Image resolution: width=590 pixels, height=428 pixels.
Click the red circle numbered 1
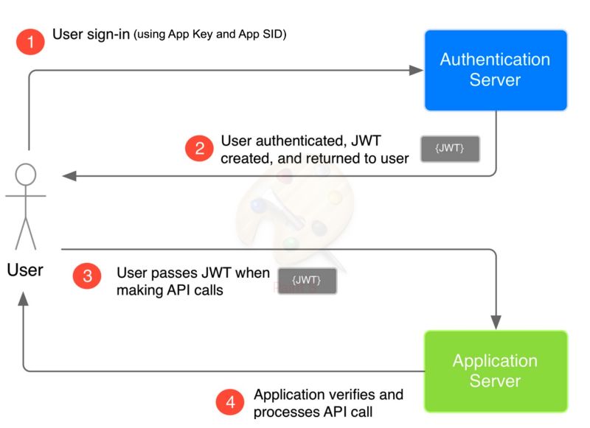coord(30,41)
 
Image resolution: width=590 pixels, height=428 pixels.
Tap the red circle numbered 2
coord(199,149)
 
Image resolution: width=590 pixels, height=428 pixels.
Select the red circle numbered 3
coord(87,276)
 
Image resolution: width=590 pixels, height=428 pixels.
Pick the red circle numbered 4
coord(230,402)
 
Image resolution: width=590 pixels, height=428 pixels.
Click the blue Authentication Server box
coord(495,70)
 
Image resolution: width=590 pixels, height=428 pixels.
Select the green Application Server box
coord(495,371)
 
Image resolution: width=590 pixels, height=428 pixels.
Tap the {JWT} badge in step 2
coord(449,149)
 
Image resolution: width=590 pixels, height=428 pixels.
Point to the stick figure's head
coord(26,175)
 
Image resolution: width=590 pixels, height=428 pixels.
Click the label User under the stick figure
coord(25,270)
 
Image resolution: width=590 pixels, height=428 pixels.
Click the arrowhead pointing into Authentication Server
coord(417,71)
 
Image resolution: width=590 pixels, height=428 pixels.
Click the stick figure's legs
coord(26,231)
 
